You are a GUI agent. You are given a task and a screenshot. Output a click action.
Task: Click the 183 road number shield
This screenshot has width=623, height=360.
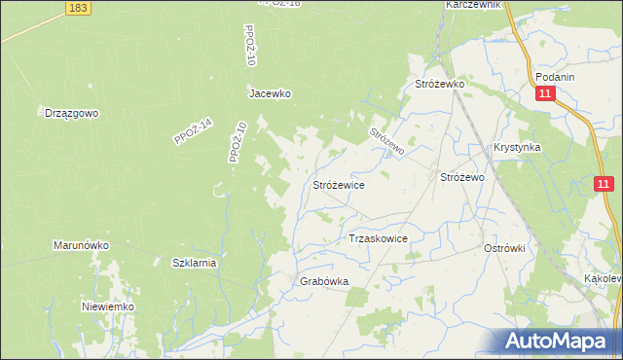[80, 8]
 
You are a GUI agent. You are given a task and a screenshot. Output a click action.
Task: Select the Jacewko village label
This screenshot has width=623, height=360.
[270, 94]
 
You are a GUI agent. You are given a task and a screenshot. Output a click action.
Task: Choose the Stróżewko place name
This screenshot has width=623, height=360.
[441, 85]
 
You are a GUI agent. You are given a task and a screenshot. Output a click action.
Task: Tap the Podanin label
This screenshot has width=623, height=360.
[555, 77]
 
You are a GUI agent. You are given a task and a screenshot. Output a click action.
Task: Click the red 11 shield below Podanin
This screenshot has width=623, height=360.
[545, 93]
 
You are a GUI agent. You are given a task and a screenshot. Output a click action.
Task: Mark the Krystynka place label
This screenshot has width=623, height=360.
[516, 148]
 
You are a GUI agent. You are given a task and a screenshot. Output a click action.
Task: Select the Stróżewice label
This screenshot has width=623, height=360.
[339, 183]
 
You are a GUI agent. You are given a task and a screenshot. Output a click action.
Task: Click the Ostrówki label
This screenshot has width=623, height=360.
[504, 248]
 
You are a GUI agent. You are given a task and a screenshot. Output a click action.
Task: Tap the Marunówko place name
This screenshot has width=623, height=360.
[81, 246]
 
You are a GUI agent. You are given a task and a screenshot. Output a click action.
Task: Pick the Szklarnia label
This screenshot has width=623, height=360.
[194, 263]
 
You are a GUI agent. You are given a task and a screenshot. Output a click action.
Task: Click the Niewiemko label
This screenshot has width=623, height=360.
[107, 306]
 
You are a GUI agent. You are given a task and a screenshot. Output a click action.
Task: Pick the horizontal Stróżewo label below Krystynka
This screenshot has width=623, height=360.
[463, 178]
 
